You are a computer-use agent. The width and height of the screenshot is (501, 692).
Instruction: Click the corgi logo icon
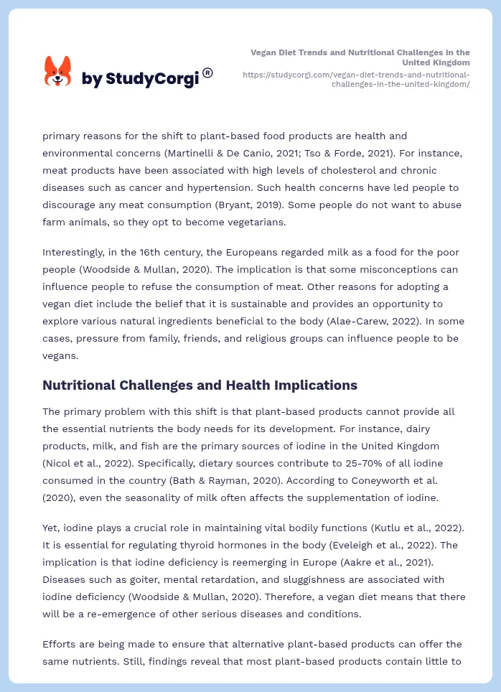click(57, 72)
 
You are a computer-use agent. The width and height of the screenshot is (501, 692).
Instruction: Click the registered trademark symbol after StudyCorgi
click(207, 73)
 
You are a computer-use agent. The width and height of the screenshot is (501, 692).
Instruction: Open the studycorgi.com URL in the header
click(356, 79)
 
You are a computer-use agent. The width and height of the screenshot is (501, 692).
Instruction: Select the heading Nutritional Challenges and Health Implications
click(200, 385)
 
